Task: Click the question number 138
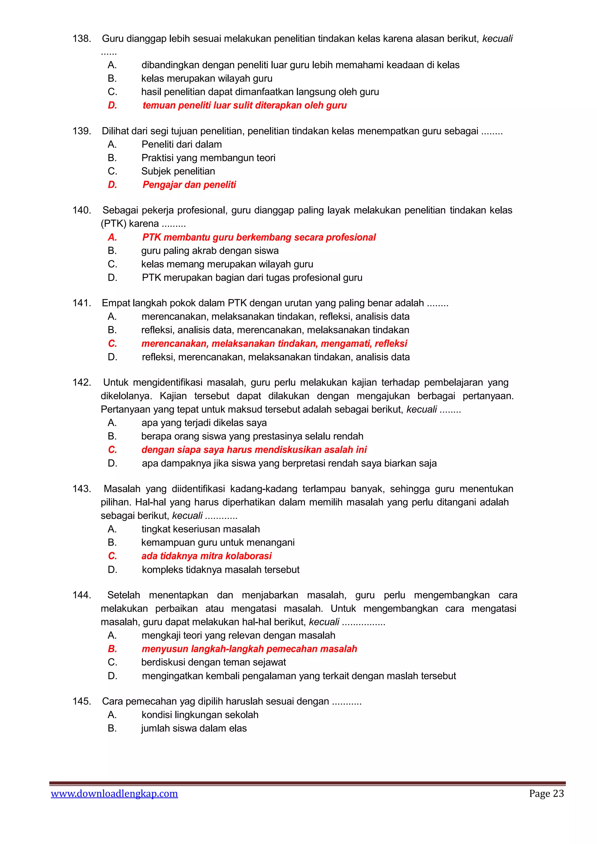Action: coord(82,38)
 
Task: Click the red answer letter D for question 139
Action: coord(112,185)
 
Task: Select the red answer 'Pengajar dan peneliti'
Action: coord(189,185)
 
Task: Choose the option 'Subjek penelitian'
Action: coord(178,171)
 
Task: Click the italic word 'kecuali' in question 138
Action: coord(497,38)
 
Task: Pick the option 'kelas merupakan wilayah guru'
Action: coord(207,78)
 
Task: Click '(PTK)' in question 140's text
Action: coord(113,224)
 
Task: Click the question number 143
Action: coord(82,489)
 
